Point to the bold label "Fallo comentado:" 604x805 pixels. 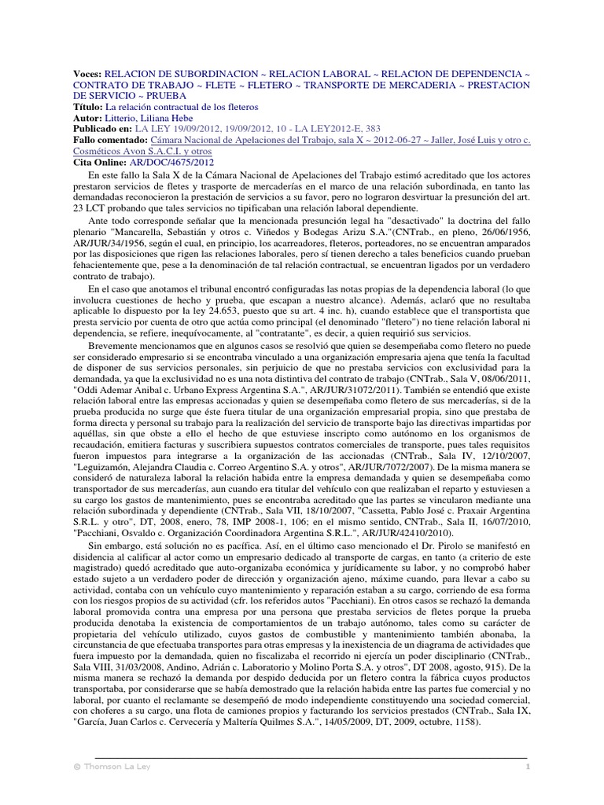coord(109,139)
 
